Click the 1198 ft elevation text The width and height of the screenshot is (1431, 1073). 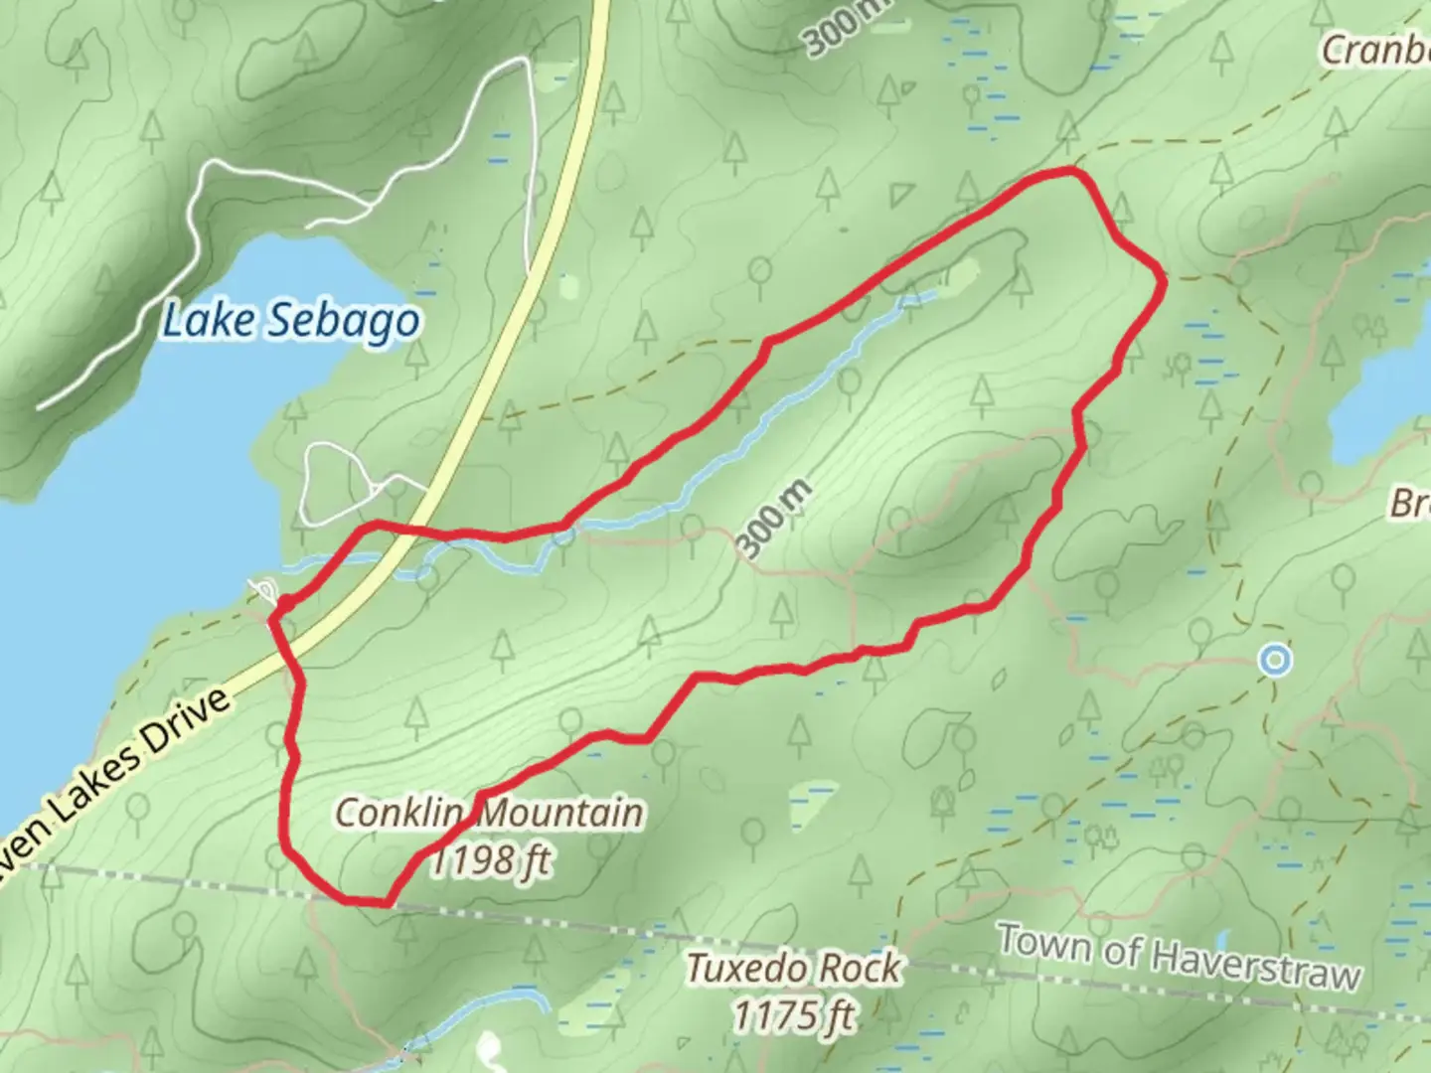490,860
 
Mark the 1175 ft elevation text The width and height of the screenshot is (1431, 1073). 794,1015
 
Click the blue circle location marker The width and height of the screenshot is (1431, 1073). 1274,660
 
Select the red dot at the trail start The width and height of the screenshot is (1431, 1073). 284,603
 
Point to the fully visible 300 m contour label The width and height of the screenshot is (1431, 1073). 776,520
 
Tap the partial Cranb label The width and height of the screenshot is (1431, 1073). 1375,50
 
